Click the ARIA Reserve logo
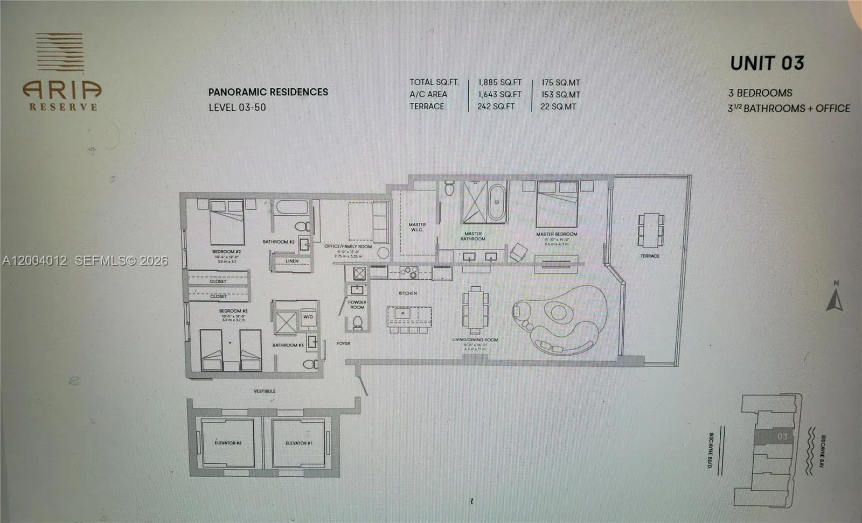click(x=62, y=72)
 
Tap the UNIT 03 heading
click(x=767, y=63)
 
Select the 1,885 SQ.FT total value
click(x=499, y=82)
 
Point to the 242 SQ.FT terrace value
click(x=496, y=107)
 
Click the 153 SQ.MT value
click(x=560, y=95)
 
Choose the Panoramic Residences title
click(x=268, y=92)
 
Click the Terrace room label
click(x=650, y=256)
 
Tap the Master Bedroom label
click(x=557, y=234)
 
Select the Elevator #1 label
click(x=299, y=443)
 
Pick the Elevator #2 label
click(x=228, y=443)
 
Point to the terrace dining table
click(x=651, y=229)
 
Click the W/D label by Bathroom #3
click(x=308, y=317)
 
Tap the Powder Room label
click(x=357, y=305)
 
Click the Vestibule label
click(x=265, y=391)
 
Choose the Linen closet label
click(x=291, y=261)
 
